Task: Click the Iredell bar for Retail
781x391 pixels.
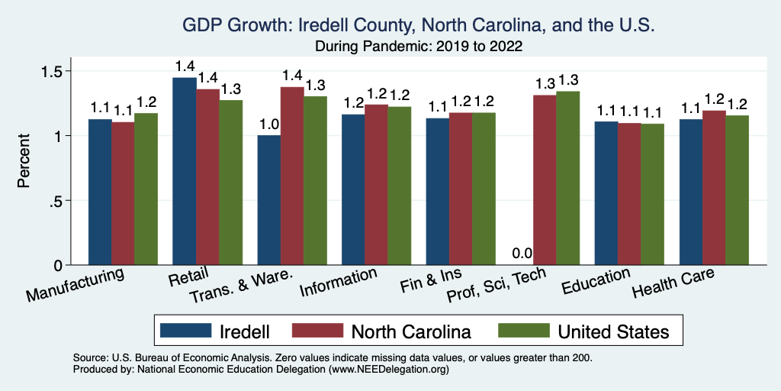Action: pyautogui.click(x=185, y=172)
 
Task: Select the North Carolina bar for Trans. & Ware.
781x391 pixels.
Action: pyautogui.click(x=292, y=176)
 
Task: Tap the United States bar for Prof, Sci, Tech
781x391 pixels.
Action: pyautogui.click(x=568, y=178)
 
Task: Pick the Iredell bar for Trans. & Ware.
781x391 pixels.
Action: pyautogui.click(x=269, y=200)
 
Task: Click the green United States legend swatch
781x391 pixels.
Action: pyautogui.click(x=523, y=331)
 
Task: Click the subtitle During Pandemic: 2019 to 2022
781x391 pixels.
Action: pyautogui.click(x=418, y=46)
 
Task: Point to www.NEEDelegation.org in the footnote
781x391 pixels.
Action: pyautogui.click(x=387, y=369)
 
